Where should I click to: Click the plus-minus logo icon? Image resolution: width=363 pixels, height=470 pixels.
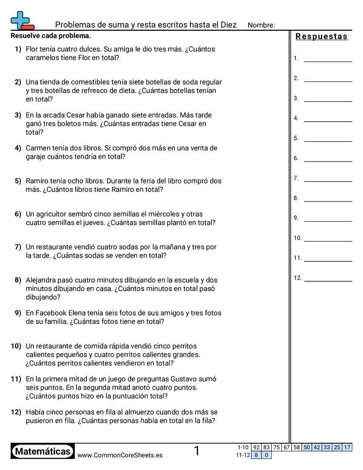tap(22, 20)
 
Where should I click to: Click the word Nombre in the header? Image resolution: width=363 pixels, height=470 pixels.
tap(261, 25)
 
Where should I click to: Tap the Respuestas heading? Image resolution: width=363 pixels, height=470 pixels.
tap(322, 36)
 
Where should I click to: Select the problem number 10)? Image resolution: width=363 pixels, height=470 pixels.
tap(16, 346)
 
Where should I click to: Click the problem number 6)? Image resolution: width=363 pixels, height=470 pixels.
tap(18, 214)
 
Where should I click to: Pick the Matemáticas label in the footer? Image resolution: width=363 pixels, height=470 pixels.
tap(43, 451)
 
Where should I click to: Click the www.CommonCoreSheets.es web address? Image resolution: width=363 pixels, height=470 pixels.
tap(120, 455)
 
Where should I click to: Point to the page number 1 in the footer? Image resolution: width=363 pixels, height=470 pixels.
tap(197, 451)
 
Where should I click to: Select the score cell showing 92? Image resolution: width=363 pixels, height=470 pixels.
tap(256, 447)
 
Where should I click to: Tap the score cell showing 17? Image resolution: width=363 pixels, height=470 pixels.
tap(347, 447)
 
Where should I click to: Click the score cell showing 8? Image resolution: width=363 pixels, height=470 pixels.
tap(256, 455)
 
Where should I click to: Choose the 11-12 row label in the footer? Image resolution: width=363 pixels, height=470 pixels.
tap(242, 455)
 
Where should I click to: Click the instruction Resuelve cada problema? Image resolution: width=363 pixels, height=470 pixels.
tap(51, 36)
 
